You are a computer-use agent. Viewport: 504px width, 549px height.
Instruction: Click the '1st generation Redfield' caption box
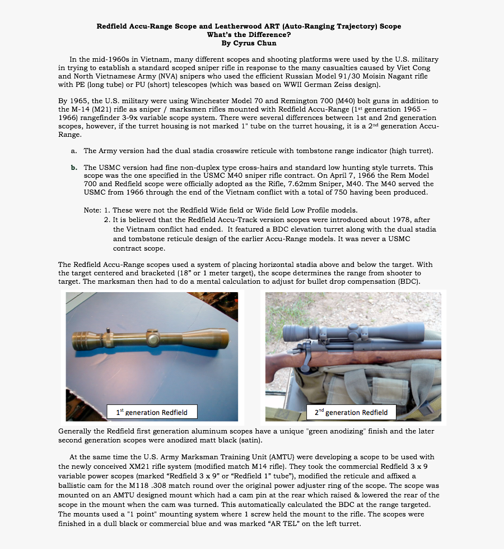tap(152, 412)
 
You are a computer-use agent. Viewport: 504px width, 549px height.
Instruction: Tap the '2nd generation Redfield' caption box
tap(351, 412)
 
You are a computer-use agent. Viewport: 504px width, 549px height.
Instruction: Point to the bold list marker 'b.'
tap(74, 168)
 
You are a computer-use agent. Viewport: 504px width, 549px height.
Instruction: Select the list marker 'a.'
tap(74, 151)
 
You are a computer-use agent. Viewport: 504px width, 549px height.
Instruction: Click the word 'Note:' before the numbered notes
tap(92, 210)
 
